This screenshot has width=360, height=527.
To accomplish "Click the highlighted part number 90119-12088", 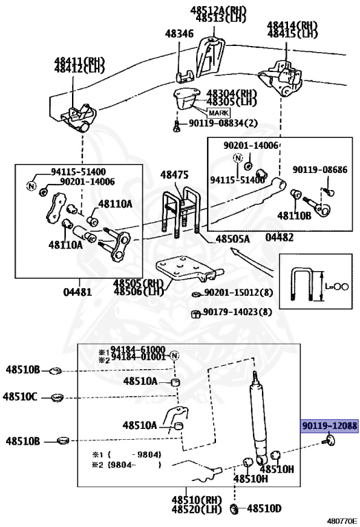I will (329, 426).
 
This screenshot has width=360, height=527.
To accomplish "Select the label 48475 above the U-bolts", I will (174, 175).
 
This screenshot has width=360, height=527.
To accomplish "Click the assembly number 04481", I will (76, 290).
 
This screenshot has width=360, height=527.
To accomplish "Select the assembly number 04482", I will (279, 237).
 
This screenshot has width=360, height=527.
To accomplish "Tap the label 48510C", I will (20, 396).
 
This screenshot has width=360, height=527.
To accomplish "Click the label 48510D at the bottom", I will (264, 508).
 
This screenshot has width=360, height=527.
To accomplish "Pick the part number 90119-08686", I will (320, 169).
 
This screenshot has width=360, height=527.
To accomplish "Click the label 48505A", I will (233, 239).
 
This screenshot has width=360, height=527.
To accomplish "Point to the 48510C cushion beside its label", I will (56, 396).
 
